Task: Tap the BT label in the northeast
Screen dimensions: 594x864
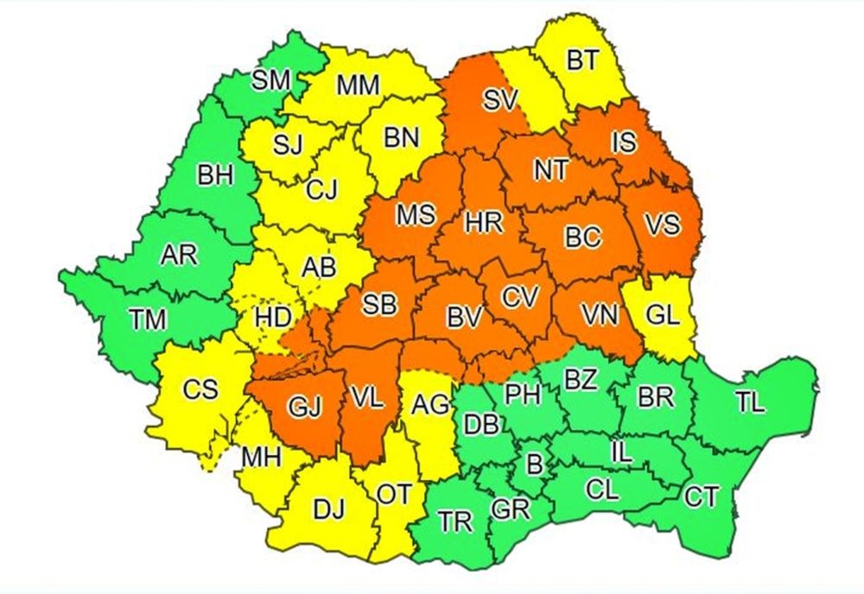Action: click(x=581, y=61)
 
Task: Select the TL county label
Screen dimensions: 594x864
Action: click(x=751, y=402)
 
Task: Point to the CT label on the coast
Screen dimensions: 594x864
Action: click(x=700, y=496)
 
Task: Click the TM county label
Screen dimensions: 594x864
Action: click(x=148, y=320)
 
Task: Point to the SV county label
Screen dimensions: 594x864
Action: click(x=499, y=101)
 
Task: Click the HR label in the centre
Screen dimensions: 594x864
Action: click(x=483, y=223)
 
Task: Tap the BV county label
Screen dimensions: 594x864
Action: click(x=464, y=318)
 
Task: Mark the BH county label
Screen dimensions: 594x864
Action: click(x=215, y=177)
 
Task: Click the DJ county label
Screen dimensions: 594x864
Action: click(x=328, y=510)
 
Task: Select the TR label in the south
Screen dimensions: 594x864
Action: click(x=454, y=521)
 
